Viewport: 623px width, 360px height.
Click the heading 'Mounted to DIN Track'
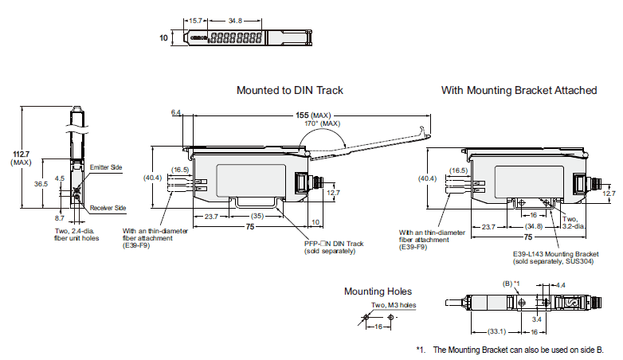[x=290, y=90]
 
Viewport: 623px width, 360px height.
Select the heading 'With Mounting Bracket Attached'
[x=519, y=90]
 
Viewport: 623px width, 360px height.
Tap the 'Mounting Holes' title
[x=378, y=292]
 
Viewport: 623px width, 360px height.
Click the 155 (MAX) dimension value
[x=309, y=115]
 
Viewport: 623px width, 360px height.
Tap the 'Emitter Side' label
[x=105, y=168]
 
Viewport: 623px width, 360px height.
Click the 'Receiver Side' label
[x=108, y=208]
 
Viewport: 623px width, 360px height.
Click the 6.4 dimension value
[x=176, y=113]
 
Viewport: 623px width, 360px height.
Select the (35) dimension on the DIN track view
[x=256, y=215]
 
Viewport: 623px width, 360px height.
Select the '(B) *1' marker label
[x=511, y=284]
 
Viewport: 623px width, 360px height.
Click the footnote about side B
[x=511, y=350]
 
